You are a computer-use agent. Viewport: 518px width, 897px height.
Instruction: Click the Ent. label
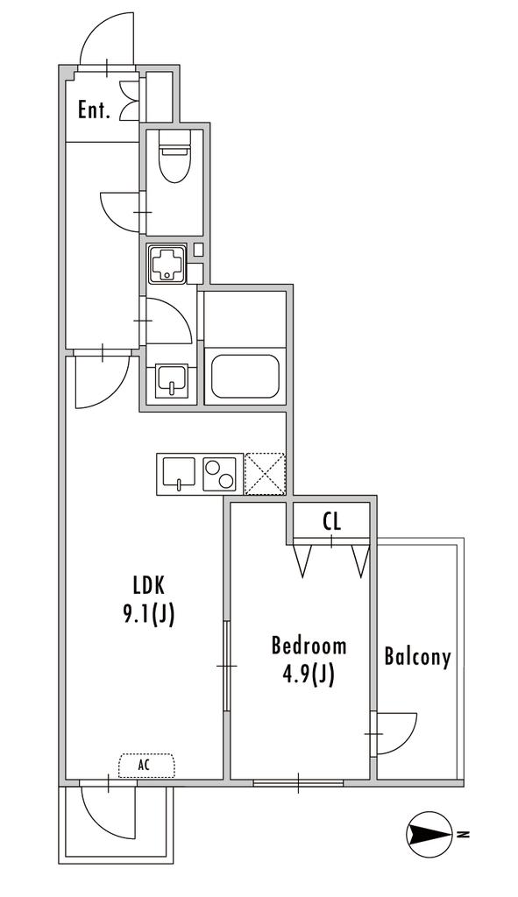click(x=94, y=109)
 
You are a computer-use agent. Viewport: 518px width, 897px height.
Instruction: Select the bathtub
click(x=245, y=377)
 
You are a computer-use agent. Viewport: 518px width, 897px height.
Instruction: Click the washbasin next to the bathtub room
click(x=171, y=380)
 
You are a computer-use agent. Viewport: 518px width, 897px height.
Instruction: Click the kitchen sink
click(x=180, y=473)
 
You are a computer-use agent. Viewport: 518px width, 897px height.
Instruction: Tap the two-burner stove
click(x=220, y=473)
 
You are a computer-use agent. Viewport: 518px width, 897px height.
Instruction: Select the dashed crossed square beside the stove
click(x=265, y=474)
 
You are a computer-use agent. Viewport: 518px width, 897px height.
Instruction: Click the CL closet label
click(x=331, y=521)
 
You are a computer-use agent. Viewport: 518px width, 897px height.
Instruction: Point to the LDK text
click(x=149, y=585)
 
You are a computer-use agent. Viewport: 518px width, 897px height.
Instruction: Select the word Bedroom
click(x=309, y=646)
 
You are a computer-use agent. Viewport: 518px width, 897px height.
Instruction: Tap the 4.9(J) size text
click(x=309, y=675)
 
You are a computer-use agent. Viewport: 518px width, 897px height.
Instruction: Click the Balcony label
click(x=417, y=657)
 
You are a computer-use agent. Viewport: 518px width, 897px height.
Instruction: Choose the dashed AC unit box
click(x=146, y=766)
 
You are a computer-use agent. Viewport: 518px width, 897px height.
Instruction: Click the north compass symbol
click(x=429, y=834)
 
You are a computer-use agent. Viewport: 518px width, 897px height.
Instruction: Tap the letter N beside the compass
click(x=465, y=834)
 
